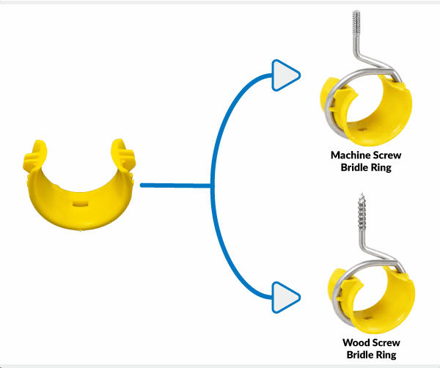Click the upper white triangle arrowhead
click(285, 76)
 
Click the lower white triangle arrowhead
click(285, 297)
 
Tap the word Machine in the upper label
click(348, 155)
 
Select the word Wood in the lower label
click(356, 342)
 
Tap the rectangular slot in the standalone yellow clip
click(81, 199)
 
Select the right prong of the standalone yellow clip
click(122, 154)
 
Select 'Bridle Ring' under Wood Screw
click(370, 355)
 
